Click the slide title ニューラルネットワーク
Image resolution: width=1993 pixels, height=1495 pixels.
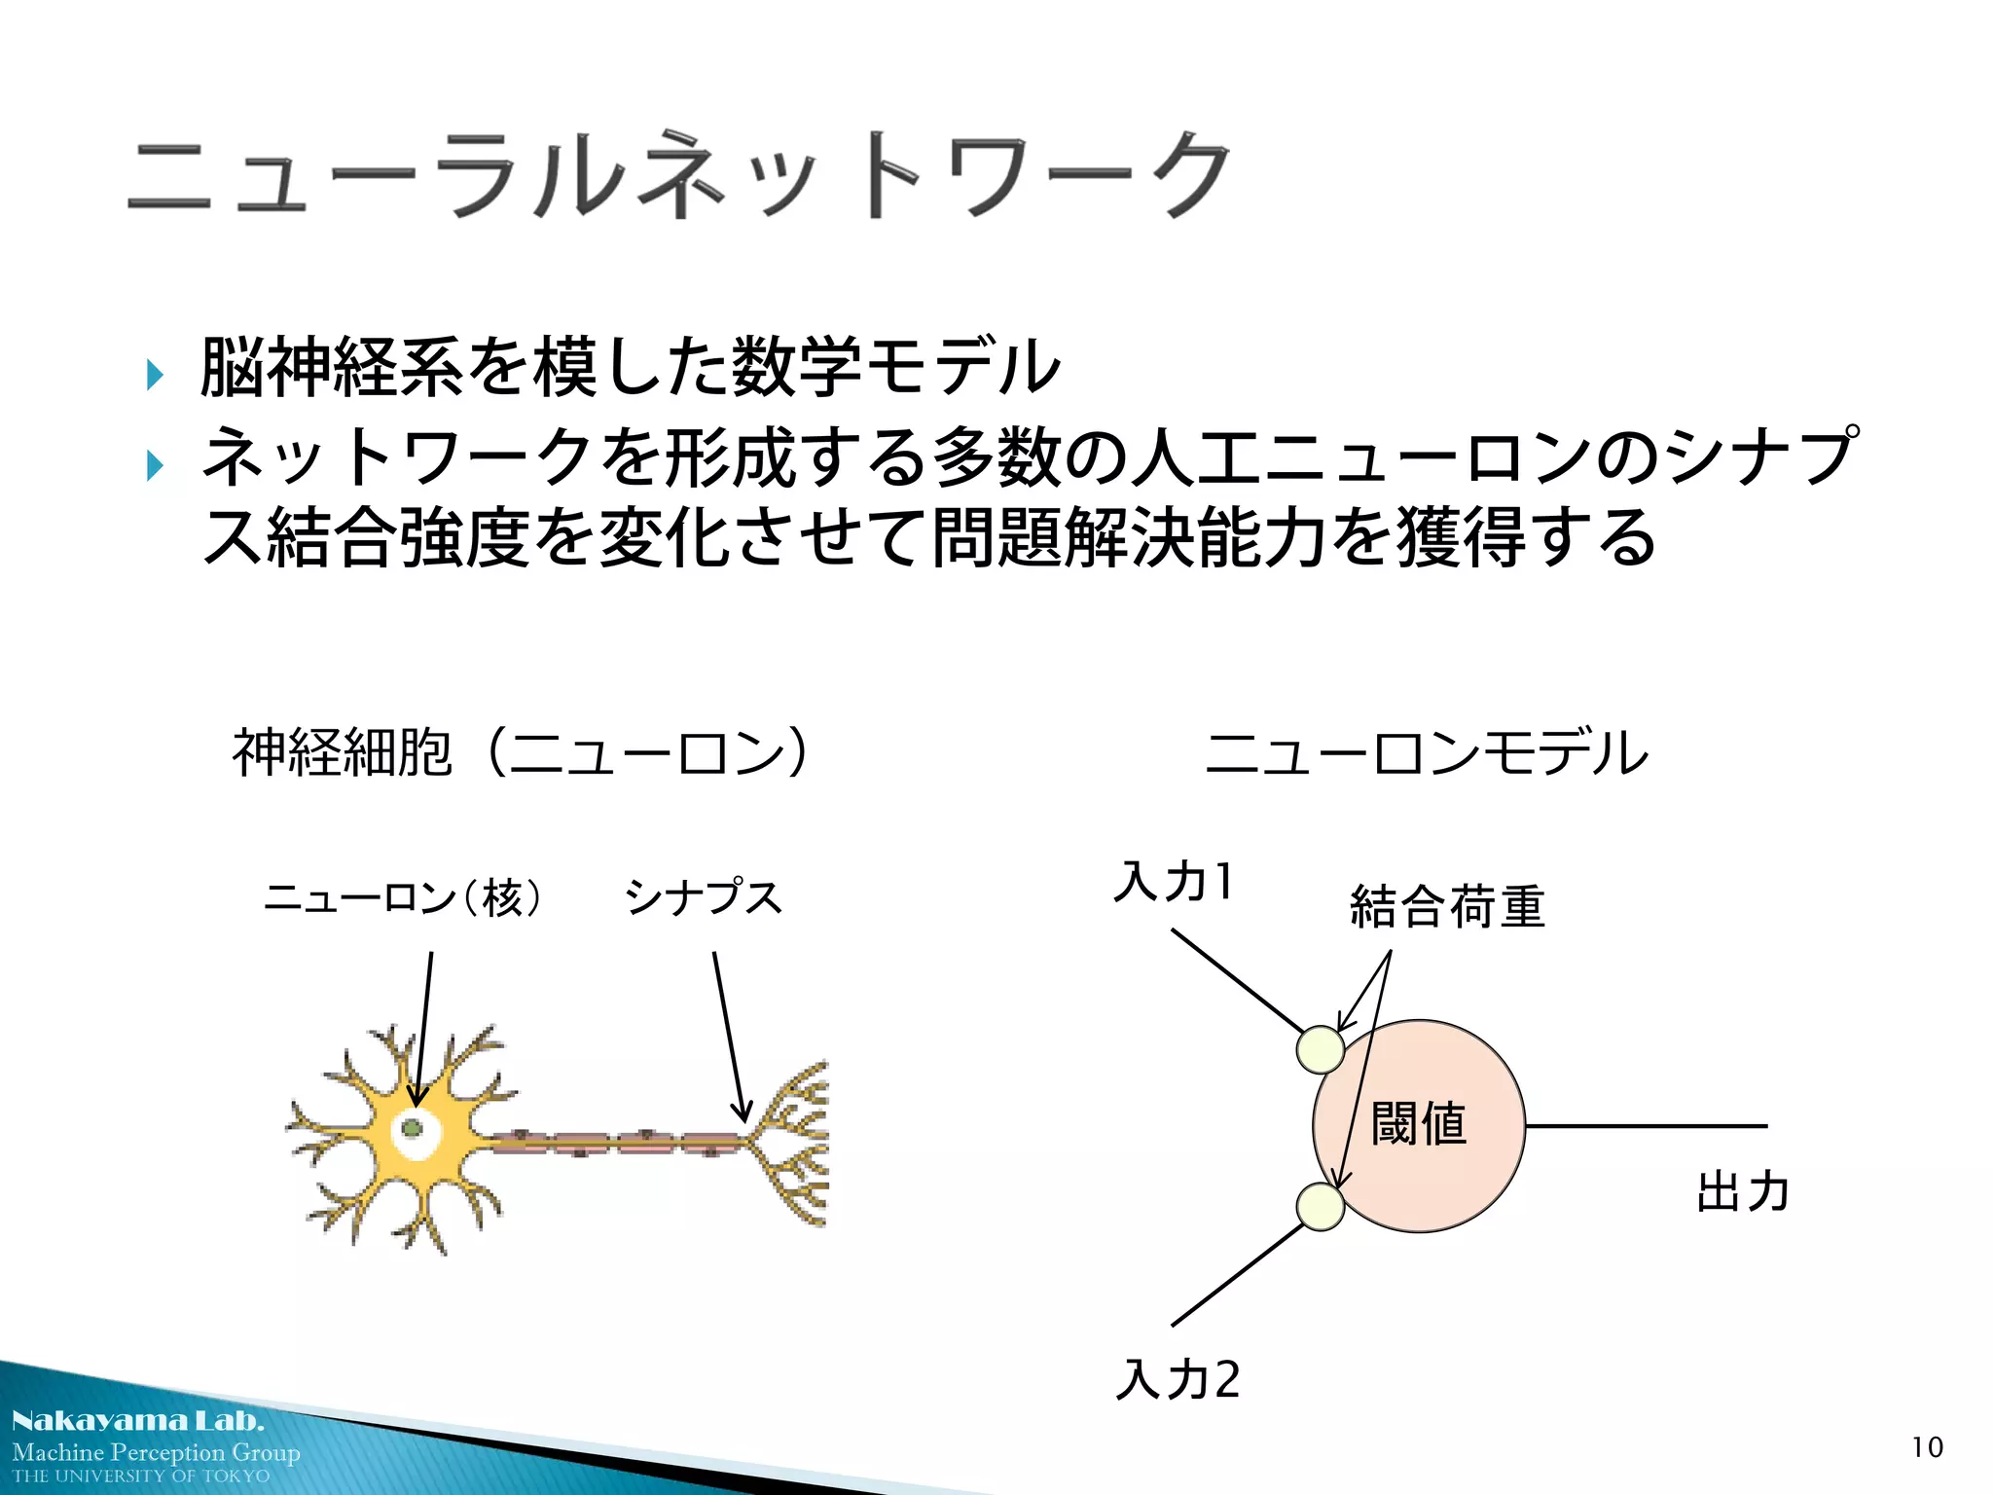679,175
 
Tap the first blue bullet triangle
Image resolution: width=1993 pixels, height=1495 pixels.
154,374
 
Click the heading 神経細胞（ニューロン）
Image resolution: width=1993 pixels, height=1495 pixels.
520,752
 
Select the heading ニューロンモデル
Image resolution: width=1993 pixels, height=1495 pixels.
1427,752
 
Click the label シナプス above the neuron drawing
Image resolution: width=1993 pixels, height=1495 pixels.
703,897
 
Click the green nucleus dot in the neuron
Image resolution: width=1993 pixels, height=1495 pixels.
412,1129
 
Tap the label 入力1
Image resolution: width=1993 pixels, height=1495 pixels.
1175,882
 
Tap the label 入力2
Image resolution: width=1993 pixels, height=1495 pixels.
1178,1379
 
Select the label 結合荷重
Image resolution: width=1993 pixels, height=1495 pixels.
1447,906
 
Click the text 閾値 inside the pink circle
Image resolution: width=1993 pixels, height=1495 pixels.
1418,1124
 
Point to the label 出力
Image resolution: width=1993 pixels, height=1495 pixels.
1743,1191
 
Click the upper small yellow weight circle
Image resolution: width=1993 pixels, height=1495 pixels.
1321,1050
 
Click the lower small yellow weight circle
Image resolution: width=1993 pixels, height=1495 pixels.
1321,1207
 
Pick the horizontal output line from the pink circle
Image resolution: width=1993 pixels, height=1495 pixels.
1645,1126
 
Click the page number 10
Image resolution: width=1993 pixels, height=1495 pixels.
1927,1447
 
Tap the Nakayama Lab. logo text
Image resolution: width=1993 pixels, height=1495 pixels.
138,1420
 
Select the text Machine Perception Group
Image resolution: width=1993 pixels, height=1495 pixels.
156,1452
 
